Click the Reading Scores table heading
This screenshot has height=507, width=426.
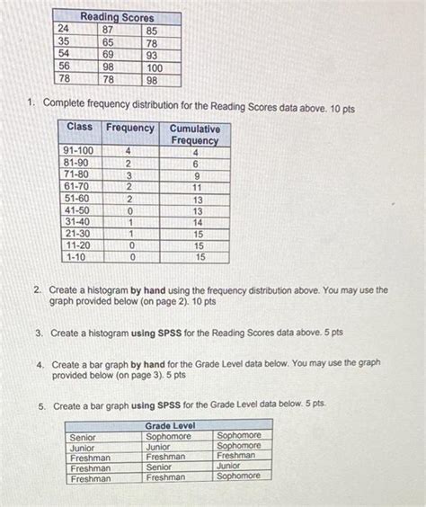(117, 17)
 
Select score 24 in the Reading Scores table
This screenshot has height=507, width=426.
(64, 29)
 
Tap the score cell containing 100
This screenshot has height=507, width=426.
(155, 67)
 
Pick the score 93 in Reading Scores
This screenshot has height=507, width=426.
(154, 55)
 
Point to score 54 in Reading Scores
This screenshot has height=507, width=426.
(64, 55)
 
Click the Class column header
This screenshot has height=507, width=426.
(79, 128)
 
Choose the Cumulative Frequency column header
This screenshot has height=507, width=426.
(194, 135)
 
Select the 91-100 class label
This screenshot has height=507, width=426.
(79, 151)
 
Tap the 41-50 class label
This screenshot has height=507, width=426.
(76, 209)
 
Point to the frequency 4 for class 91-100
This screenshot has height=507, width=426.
(129, 151)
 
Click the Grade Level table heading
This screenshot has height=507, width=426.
(169, 425)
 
